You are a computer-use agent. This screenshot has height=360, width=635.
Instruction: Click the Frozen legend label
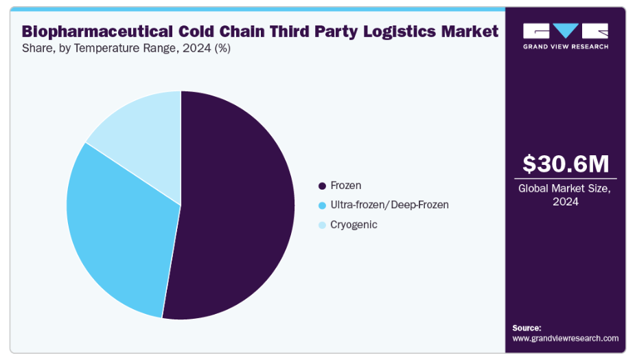click(x=345, y=185)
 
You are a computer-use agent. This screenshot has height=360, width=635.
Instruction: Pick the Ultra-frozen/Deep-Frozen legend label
click(x=389, y=205)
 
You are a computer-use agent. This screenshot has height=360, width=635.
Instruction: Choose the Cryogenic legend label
click(x=354, y=225)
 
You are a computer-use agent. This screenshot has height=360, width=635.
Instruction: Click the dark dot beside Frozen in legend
click(x=322, y=185)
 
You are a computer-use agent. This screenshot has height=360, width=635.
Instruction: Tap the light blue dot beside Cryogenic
click(x=322, y=225)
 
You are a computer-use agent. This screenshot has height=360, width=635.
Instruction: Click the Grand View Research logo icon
click(x=566, y=31)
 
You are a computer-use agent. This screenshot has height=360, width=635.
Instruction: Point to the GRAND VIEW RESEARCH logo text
click(x=566, y=47)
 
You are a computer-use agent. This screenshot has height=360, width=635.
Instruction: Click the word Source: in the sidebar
click(x=527, y=328)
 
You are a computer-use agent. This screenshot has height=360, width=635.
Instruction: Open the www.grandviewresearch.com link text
click(x=565, y=338)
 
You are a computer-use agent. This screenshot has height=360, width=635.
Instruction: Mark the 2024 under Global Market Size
click(x=566, y=201)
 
